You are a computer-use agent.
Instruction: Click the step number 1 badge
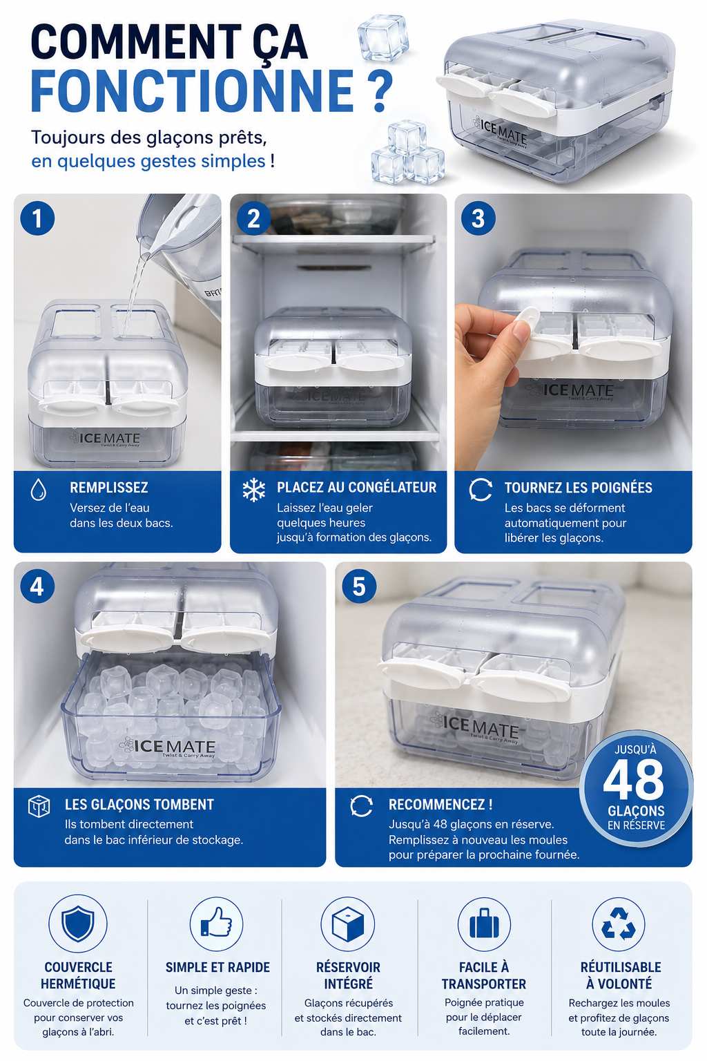tap(37, 218)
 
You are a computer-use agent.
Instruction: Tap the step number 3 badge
tap(478, 218)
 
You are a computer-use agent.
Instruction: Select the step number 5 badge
tap(360, 586)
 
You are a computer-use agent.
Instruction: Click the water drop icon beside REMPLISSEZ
tap(39, 489)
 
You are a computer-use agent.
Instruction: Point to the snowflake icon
tap(254, 490)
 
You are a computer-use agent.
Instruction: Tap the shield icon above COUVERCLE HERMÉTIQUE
tap(78, 924)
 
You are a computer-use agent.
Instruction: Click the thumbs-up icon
tap(216, 923)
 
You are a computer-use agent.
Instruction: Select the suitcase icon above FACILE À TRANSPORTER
tap(484, 924)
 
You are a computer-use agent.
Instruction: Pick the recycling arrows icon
tap(619, 924)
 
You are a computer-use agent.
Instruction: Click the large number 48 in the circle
tap(633, 781)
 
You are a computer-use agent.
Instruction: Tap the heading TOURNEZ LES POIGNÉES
tap(578, 488)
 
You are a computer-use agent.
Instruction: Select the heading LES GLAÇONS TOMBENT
tap(139, 804)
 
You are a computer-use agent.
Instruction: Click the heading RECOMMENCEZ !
tap(440, 804)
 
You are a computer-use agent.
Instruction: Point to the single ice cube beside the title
tap(383, 37)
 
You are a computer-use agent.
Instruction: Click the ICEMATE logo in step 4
tap(167, 747)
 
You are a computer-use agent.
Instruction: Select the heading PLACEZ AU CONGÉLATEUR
tap(356, 488)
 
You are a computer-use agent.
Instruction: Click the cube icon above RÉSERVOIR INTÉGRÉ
tap(348, 924)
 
